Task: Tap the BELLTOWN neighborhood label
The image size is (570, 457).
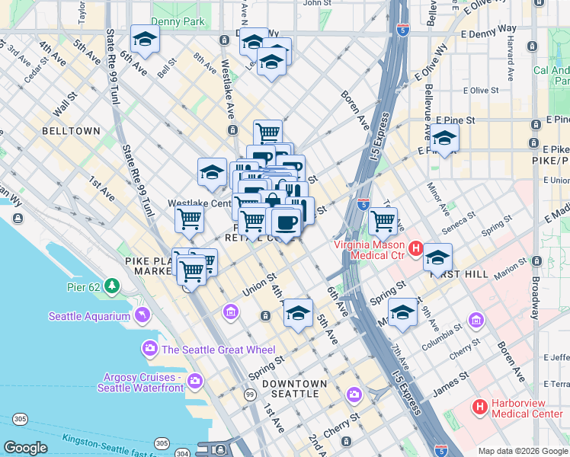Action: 71,131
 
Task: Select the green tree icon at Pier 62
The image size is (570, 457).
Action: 113,286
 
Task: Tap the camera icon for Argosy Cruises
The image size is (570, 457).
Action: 195,380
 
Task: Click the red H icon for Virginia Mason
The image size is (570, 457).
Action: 416,248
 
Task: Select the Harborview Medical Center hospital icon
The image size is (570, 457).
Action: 479,407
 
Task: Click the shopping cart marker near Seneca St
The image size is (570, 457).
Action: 383,221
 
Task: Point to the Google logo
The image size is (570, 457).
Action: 25,448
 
